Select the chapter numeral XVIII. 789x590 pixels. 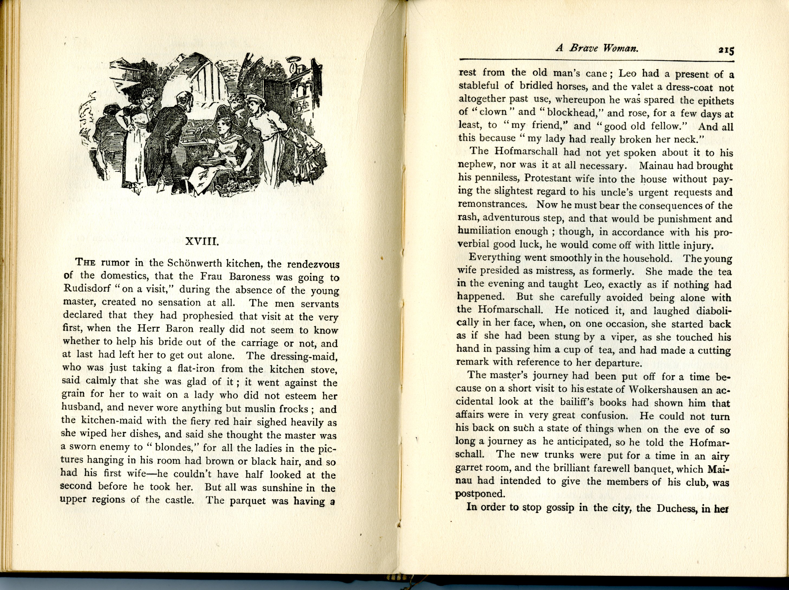point(202,242)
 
